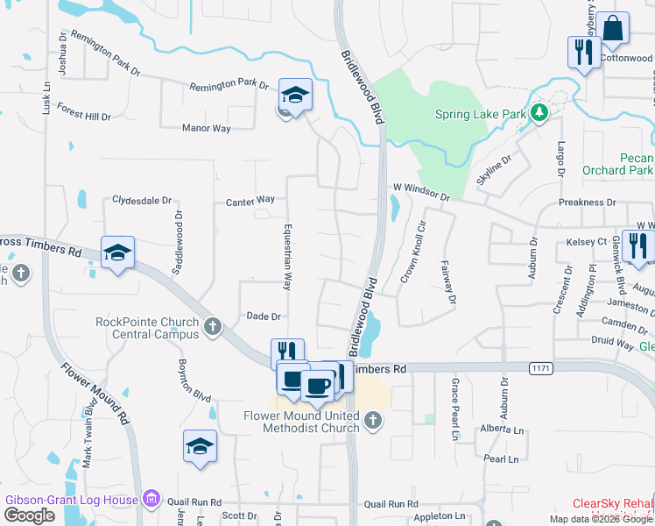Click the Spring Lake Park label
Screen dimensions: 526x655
click(481, 114)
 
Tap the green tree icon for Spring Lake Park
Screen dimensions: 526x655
click(540, 112)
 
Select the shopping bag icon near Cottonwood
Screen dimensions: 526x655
click(613, 30)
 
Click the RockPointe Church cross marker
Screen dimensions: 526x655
click(211, 328)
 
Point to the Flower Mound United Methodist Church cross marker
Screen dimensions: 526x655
click(372, 421)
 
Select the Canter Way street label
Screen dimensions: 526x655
click(250, 200)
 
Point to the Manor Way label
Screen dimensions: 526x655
click(206, 128)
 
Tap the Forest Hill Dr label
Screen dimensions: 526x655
click(84, 116)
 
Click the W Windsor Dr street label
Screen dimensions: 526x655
click(421, 188)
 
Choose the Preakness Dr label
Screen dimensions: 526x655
click(587, 203)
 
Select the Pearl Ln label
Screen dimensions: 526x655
click(501, 458)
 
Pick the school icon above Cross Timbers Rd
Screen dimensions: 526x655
click(117, 254)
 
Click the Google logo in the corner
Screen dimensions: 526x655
click(29, 515)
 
